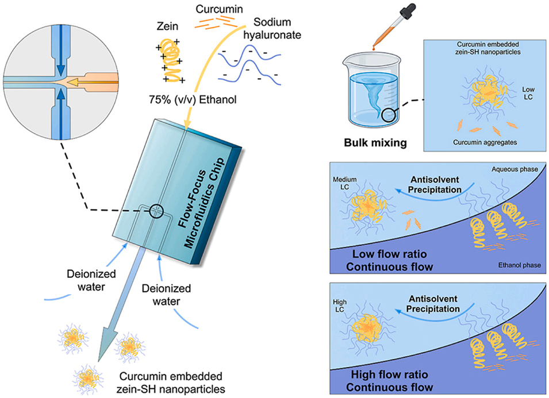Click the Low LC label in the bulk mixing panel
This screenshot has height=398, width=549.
point(527,93)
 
